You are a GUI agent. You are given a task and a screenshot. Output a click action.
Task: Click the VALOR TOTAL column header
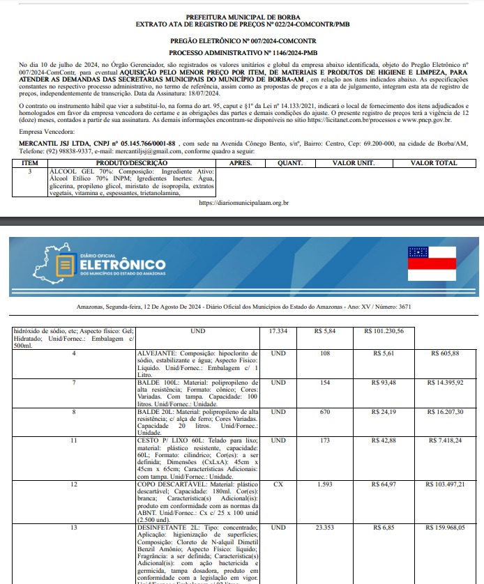click(x=434, y=162)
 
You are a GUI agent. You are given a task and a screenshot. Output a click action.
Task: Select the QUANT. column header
click(x=289, y=162)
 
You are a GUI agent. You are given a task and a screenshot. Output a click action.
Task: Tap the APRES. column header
click(x=241, y=162)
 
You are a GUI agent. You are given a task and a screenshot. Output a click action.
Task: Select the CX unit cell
click(x=278, y=483)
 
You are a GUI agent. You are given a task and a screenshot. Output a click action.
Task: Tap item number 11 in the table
click(x=74, y=441)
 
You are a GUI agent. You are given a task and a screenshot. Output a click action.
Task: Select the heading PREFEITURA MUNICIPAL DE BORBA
click(x=241, y=16)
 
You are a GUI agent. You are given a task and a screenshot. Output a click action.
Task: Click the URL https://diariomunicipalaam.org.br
click(x=243, y=203)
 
